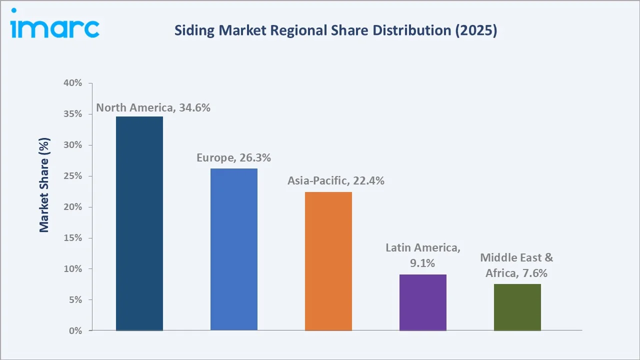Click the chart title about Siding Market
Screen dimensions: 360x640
coord(335,31)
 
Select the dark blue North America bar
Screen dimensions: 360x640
coord(139,223)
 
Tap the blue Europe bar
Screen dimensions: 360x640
coord(234,249)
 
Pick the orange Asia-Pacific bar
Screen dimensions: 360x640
coord(328,261)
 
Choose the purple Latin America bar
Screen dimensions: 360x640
coord(423,302)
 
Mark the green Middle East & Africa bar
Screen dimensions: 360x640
coord(517,307)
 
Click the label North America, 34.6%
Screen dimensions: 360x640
coord(153,107)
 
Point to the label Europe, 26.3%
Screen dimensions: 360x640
coord(233,158)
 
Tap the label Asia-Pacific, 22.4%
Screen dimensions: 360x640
coord(335,181)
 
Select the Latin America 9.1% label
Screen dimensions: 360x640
coord(423,255)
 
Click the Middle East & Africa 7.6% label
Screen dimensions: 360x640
coord(516,265)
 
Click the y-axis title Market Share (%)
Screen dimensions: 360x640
coord(44,185)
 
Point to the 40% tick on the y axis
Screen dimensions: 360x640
coord(72,83)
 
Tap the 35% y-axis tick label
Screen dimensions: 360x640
coord(72,114)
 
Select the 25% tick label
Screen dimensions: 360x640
coord(72,176)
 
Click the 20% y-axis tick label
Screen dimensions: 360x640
coord(72,207)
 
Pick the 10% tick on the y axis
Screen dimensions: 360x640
coord(72,269)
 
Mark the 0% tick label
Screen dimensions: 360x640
coord(74,331)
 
